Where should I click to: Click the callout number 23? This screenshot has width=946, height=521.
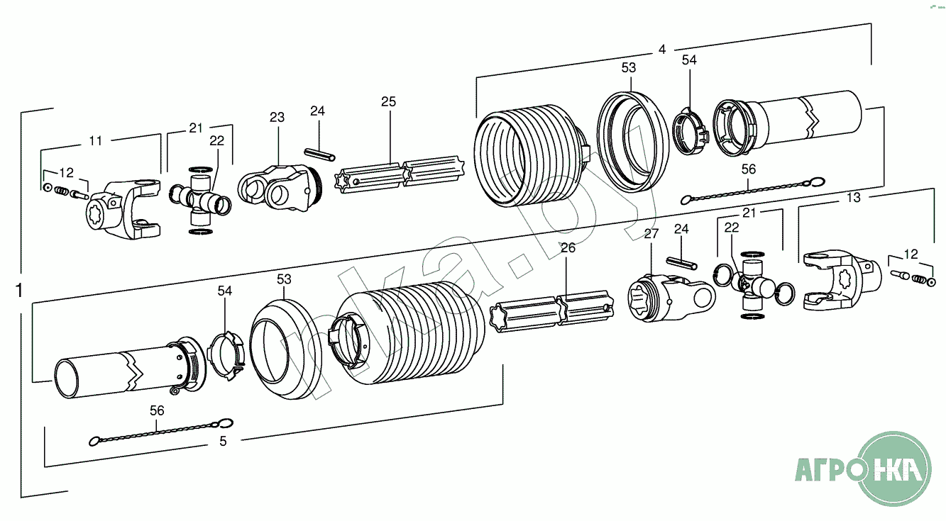[x=277, y=117]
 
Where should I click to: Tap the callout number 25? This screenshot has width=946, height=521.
[x=388, y=101]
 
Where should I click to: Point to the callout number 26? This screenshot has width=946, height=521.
[x=568, y=247]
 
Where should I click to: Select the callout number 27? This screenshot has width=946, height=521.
[x=651, y=233]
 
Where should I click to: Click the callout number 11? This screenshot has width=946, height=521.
[x=96, y=141]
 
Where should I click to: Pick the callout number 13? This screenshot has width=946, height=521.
[x=854, y=198]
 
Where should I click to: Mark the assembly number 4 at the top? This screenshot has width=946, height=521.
[x=662, y=50]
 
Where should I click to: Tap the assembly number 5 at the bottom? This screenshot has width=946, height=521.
[x=223, y=442]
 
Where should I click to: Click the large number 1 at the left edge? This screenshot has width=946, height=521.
[x=19, y=290]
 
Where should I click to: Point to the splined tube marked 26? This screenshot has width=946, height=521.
[x=552, y=311]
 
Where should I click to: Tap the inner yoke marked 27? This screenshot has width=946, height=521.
[x=671, y=297]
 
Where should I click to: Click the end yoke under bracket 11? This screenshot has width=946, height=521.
[x=124, y=209]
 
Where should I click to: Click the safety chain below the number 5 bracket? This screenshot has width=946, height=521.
[x=161, y=432]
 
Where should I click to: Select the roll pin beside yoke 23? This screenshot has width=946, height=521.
[x=319, y=154]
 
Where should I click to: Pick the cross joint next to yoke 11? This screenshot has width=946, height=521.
[x=200, y=201]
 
